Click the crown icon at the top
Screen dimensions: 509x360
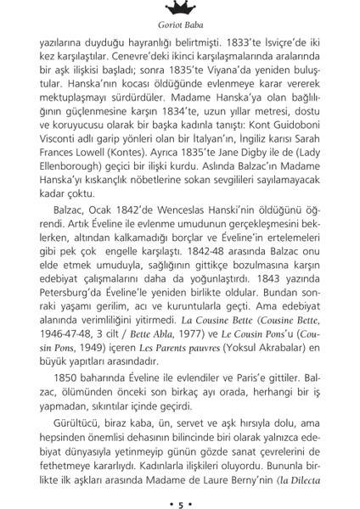click(x=179, y=8)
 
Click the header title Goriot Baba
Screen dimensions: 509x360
click(x=179, y=27)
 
